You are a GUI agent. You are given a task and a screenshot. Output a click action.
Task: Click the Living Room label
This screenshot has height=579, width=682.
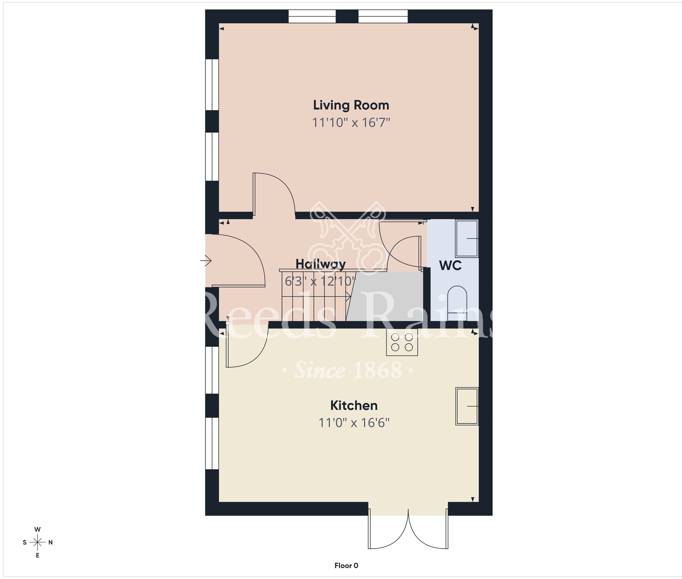pos(351,105)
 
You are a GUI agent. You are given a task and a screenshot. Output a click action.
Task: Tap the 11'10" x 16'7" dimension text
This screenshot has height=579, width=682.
pos(351,123)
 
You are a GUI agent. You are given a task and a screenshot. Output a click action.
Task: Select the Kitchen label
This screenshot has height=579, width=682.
pos(354,406)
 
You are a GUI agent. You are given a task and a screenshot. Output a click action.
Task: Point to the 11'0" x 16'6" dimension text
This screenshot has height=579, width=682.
pos(354,423)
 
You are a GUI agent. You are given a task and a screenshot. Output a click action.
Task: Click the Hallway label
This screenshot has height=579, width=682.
pos(320,264)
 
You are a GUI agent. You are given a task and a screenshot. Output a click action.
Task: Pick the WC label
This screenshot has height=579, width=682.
pos(450,266)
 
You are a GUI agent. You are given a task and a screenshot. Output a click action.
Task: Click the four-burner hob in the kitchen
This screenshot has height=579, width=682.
pos(402,342)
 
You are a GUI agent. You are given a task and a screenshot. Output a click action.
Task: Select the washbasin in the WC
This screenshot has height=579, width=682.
pos(467,238)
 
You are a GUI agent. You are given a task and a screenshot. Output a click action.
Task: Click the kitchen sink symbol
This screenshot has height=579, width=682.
pos(467,406)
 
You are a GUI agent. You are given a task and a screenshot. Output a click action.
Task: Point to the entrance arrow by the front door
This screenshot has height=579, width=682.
pos(206,261)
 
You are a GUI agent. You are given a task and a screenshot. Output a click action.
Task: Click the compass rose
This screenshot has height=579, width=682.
pos(38,542)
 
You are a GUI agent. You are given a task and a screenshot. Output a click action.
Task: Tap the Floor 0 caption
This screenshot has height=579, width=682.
pos(346,566)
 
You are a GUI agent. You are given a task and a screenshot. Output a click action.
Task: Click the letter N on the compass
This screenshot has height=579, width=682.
pos(50,542)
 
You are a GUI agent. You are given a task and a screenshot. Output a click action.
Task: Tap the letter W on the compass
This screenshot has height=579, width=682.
pos(38,529)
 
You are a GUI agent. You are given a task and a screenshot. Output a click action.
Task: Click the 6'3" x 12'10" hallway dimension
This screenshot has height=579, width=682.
pos(320,281)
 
